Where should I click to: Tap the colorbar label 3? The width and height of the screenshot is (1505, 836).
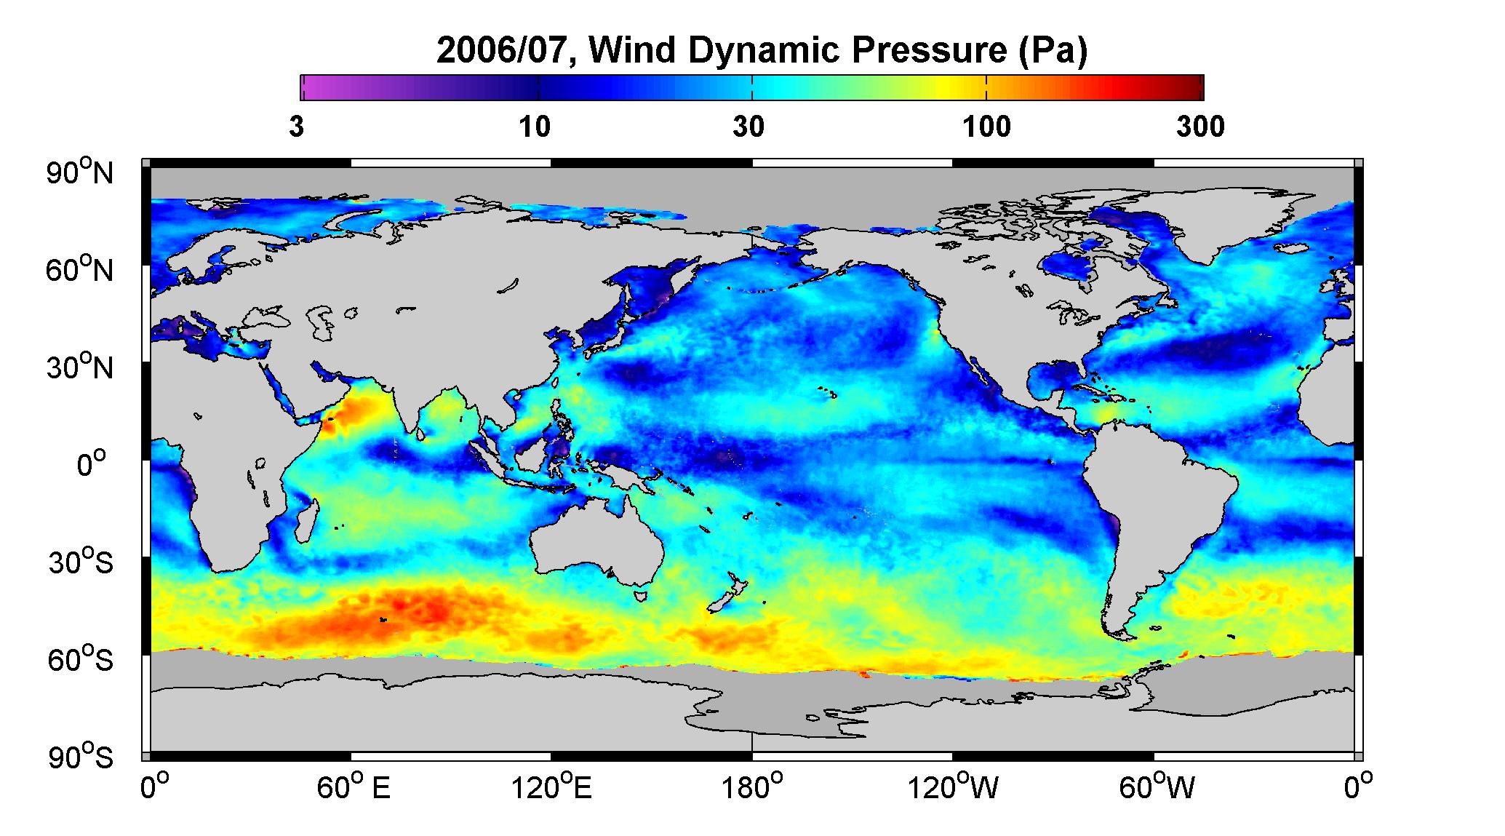[x=297, y=127]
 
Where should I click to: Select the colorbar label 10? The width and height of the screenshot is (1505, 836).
[x=535, y=127]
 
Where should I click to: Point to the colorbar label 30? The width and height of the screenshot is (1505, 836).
[x=749, y=127]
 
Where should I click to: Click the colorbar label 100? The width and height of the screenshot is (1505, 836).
[x=986, y=127]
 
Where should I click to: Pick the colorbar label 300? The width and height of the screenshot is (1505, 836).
[x=1200, y=127]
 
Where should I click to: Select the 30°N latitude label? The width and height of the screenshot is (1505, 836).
[x=81, y=367]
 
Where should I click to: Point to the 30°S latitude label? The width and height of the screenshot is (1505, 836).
[x=81, y=562]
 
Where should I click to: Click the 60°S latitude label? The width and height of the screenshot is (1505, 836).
[x=81, y=660]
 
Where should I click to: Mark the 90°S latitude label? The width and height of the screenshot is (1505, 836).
[x=81, y=757]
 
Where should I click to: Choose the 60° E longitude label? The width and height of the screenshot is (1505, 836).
[x=353, y=788]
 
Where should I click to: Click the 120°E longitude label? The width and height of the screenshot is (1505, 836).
[x=551, y=788]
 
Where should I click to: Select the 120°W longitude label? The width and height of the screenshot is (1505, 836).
[x=954, y=788]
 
